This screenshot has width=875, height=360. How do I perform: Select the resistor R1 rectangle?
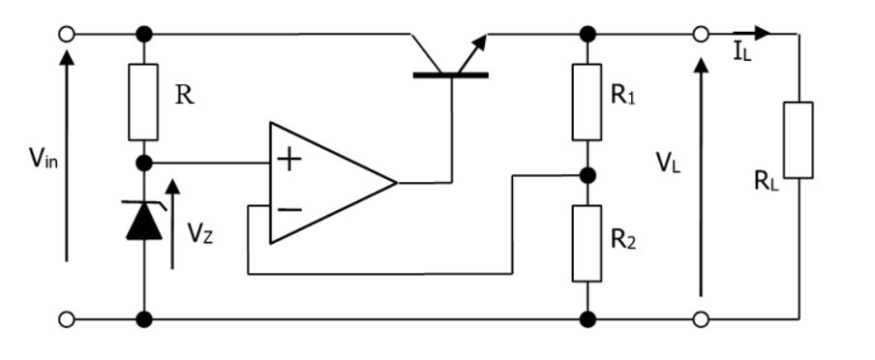coord(587,102)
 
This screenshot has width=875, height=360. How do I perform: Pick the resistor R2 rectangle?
coord(587,242)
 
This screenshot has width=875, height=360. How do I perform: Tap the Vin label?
coord(41,157)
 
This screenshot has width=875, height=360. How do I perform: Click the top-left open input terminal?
coord(66,34)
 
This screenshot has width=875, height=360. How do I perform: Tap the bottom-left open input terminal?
coord(66,317)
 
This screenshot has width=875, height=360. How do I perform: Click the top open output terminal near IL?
coord(701,34)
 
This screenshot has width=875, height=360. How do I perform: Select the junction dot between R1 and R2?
coord(587,176)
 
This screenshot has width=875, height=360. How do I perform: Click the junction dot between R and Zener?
coord(144,162)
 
